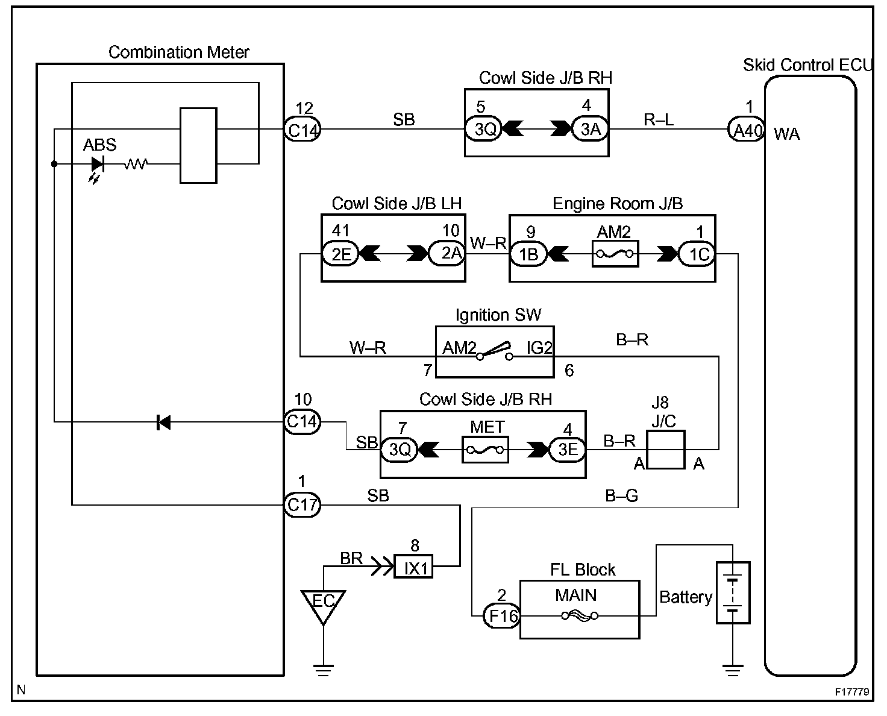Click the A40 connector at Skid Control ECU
pyautogui.click(x=747, y=130)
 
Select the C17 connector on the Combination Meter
pyautogui.click(x=302, y=505)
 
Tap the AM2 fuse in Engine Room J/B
pyautogui.click(x=615, y=254)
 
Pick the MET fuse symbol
pyautogui.click(x=485, y=450)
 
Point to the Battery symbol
pyautogui.click(x=733, y=592)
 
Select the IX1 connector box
pyautogui.click(x=413, y=567)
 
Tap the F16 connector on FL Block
pyautogui.click(x=501, y=616)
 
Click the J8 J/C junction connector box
pyautogui.click(x=666, y=450)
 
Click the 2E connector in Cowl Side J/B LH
pyautogui.click(x=340, y=254)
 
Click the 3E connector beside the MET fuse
pyautogui.click(x=567, y=450)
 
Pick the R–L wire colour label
pyautogui.click(x=659, y=120)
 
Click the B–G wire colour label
pyautogui.click(x=621, y=495)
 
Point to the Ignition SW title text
pyautogui.click(x=498, y=315)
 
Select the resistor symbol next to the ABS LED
pyautogui.click(x=136, y=163)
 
